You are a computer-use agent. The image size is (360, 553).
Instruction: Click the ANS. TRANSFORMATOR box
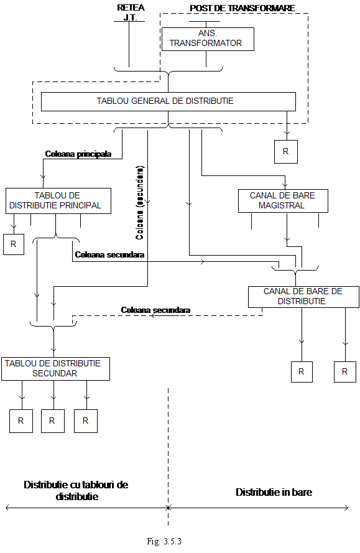pos(208,39)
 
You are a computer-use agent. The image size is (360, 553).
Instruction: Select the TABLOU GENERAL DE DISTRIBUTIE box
pos(168,101)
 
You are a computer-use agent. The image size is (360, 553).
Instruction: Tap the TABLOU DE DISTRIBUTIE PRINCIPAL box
pos(58,201)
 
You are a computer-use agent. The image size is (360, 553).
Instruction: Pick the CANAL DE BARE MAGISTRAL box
pos(283,201)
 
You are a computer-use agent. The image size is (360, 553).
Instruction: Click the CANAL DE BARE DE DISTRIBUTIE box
pos(303,296)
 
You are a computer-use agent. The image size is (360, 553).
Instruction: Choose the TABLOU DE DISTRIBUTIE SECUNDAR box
pos(55,368)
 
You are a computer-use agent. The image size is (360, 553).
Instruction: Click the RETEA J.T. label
pos(131,12)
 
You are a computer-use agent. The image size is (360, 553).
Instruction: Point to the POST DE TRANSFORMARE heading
pos(242,8)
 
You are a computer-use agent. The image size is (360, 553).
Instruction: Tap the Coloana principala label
pos(78,154)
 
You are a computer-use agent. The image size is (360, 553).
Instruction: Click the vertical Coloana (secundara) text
pos(140,203)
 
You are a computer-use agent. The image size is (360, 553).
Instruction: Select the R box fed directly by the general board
pos(286,152)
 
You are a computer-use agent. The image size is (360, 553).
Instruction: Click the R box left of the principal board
pos(14,244)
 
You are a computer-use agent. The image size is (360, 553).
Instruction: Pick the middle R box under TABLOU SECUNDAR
pos(52,421)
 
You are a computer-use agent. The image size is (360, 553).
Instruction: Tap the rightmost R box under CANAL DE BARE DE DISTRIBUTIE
pos(345,372)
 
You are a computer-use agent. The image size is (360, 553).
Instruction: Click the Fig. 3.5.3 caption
pos(164,541)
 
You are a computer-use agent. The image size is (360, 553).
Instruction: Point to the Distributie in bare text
pos(274,492)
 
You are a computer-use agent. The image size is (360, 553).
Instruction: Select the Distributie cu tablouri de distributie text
pos(76,490)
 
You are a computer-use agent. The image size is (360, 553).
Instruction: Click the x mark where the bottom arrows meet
pos(168,508)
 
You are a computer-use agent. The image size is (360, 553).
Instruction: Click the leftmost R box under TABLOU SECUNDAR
pos(21,421)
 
